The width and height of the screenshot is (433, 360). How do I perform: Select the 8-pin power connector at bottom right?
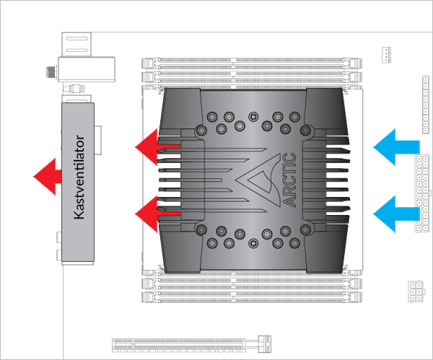(x=416, y=291)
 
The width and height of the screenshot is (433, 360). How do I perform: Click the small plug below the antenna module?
(x=75, y=90)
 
